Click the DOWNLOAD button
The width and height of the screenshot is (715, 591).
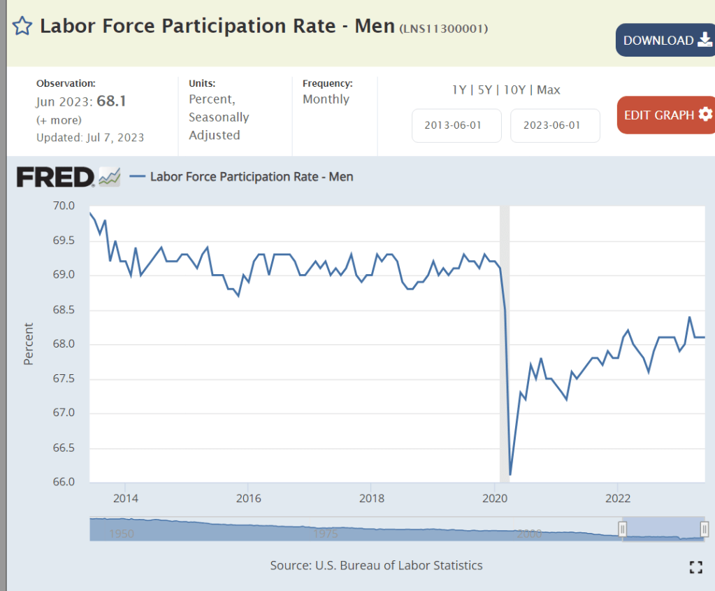click(664, 41)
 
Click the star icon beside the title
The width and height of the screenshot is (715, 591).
click(22, 27)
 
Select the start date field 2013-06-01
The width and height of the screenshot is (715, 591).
click(456, 126)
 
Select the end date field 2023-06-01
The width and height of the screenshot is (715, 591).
click(555, 126)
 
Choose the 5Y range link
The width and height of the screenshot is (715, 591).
click(485, 90)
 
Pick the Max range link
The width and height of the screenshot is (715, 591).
click(549, 90)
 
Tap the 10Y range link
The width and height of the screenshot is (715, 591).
click(514, 90)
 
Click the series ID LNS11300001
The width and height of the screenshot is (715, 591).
click(443, 29)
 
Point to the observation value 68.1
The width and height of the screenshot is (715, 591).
click(111, 101)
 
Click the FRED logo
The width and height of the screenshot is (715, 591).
click(55, 177)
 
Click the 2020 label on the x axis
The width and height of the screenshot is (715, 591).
click(495, 499)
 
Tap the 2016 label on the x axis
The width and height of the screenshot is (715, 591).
click(248, 499)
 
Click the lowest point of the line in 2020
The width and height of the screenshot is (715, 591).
click(510, 475)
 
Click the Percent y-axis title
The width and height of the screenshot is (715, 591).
click(29, 343)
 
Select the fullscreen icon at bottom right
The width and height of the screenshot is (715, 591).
click(695, 567)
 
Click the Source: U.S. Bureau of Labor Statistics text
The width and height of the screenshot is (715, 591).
click(376, 565)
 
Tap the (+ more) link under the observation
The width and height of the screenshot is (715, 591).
click(59, 120)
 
